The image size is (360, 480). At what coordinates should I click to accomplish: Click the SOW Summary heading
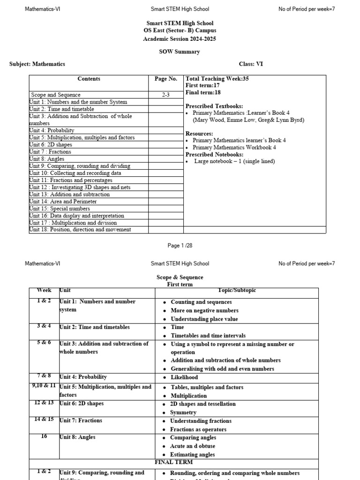click(179, 52)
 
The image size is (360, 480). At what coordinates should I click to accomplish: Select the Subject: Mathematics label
click(37, 64)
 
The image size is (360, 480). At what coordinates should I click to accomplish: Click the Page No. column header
click(166, 79)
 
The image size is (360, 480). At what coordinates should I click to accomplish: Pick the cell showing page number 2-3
click(166, 95)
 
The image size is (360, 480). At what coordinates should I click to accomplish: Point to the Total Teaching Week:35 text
click(217, 79)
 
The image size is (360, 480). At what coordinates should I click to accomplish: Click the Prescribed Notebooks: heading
click(214, 154)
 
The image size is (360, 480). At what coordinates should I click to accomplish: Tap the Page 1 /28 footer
click(180, 246)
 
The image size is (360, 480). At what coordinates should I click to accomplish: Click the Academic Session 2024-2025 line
click(180, 39)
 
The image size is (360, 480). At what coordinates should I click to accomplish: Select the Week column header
click(44, 291)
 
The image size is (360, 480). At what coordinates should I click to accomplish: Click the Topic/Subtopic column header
click(237, 291)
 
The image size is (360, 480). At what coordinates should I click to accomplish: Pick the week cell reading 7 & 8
click(44, 376)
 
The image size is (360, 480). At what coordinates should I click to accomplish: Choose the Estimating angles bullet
click(192, 455)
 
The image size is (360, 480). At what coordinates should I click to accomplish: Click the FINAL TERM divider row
click(174, 462)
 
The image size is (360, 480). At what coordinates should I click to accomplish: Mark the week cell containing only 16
click(44, 436)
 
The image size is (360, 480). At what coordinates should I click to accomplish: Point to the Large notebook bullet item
click(234, 161)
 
